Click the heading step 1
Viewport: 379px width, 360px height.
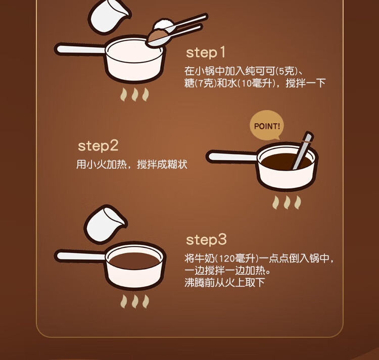pyautogui.click(x=206, y=53)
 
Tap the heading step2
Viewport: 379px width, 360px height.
pyautogui.click(x=98, y=146)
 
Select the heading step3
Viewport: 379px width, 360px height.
pyautogui.click(x=206, y=239)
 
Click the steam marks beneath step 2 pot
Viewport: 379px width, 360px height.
pyautogui.click(x=287, y=202)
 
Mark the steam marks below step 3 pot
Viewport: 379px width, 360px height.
pyautogui.click(x=134, y=301)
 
